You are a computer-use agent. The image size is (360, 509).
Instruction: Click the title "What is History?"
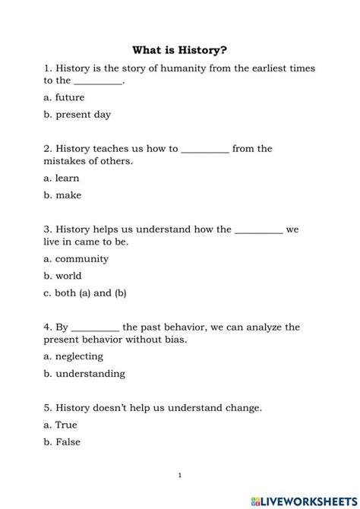click(179, 50)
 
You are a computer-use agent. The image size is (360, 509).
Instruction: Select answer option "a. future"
click(64, 97)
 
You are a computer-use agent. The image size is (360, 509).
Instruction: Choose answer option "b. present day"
click(77, 115)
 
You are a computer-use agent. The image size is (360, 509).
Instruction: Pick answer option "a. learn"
click(62, 179)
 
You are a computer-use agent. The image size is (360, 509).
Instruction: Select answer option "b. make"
click(62, 195)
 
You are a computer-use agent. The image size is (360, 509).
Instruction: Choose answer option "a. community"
click(76, 258)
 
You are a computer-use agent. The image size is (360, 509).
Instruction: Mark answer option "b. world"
click(62, 276)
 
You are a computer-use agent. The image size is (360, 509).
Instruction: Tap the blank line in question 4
click(95, 328)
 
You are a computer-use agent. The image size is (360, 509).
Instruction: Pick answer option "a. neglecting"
click(73, 356)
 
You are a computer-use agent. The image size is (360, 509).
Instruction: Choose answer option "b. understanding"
click(84, 374)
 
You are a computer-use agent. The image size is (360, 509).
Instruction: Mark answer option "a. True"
click(61, 425)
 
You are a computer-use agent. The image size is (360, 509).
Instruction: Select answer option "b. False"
click(62, 442)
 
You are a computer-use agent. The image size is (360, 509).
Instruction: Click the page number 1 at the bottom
click(179, 476)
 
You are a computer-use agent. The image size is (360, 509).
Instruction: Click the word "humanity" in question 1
click(172, 68)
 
